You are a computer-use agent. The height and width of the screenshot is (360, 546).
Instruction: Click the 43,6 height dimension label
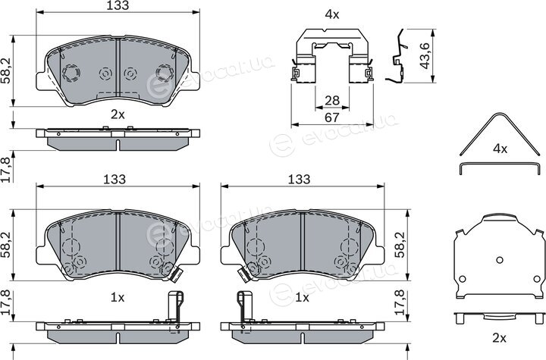[x=425, y=55]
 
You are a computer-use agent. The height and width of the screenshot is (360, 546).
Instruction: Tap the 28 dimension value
[x=332, y=101]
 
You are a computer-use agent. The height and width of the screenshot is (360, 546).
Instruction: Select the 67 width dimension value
[x=332, y=117]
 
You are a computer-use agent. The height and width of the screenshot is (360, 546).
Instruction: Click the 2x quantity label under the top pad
[x=118, y=114]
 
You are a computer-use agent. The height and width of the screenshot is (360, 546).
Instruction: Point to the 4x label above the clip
[x=332, y=14]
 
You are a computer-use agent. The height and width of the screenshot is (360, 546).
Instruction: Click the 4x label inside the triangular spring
[x=500, y=149]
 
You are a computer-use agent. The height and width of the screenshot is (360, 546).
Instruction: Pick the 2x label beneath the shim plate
[x=499, y=337]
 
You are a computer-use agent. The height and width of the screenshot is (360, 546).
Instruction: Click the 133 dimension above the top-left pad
[x=118, y=5]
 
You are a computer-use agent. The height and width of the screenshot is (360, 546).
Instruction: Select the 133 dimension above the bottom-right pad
[x=299, y=180]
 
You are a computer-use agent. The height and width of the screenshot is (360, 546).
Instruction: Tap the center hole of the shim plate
[x=500, y=260]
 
